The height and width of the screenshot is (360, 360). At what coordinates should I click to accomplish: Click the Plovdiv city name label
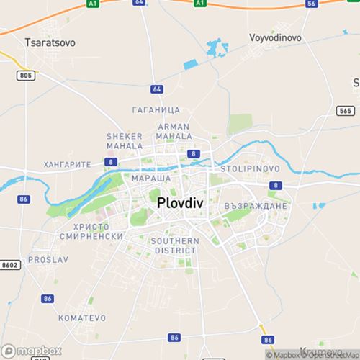tap(180, 204)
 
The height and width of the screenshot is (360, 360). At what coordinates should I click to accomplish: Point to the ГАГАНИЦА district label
tap(156, 110)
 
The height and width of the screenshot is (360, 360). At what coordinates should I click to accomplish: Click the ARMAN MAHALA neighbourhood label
tap(174, 131)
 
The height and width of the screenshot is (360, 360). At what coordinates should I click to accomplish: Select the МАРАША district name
tap(151, 177)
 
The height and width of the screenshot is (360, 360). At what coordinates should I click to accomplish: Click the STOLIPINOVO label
tap(246, 168)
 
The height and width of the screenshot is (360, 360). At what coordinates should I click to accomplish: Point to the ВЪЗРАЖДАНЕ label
tap(256, 206)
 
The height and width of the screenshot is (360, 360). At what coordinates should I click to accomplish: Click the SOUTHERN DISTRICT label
tap(174, 246)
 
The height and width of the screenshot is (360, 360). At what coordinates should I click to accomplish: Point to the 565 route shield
tap(345, 110)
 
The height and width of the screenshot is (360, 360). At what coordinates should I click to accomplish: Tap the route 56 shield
tap(311, 4)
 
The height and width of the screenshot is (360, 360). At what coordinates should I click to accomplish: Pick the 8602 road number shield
tap(11, 265)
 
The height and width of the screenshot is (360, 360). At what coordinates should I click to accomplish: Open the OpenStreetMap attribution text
tap(328, 355)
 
